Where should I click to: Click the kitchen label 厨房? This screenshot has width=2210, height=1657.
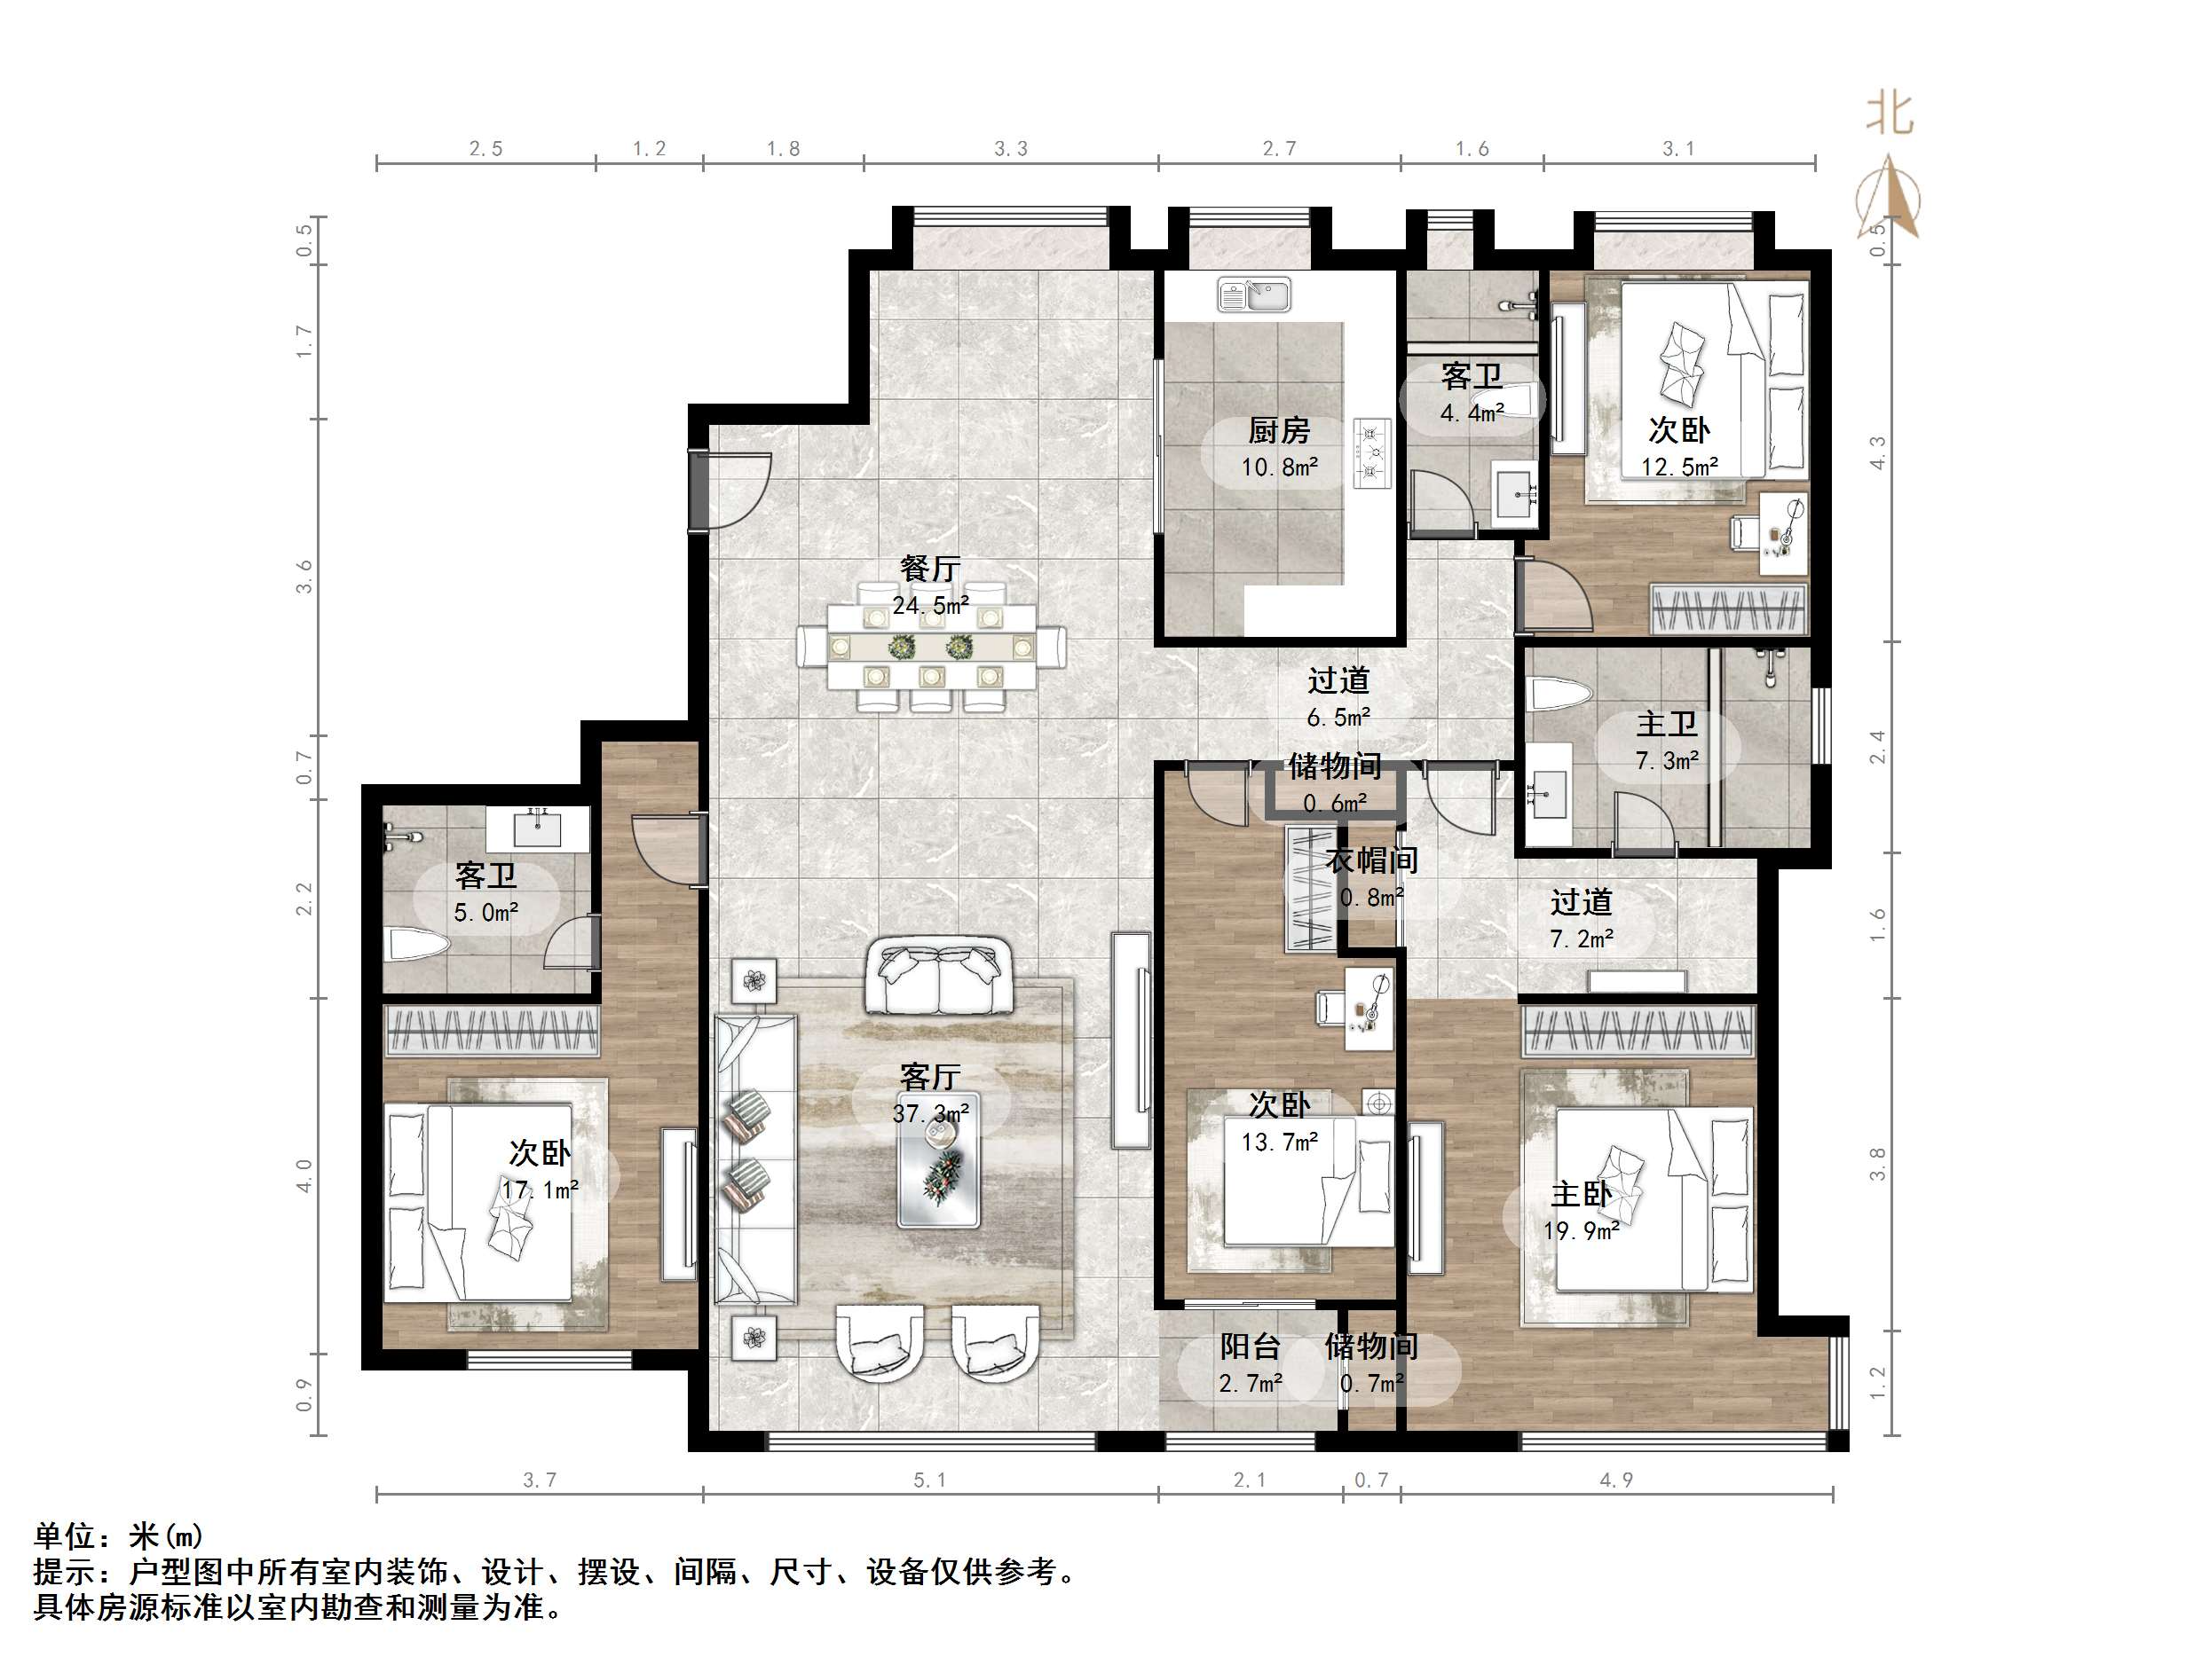1279,430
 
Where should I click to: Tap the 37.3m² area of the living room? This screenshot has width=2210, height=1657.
930,1112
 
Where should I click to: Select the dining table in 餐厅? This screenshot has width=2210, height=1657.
931,648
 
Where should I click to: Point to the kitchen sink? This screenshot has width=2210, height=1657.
1254,294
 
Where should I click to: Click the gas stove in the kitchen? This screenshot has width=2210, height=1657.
1373,453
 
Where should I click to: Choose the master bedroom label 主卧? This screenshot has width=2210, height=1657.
1582,1194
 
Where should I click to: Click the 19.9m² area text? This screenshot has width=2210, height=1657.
1581,1230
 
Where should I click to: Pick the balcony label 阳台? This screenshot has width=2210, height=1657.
1250,1347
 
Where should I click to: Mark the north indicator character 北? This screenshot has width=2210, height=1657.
1890,113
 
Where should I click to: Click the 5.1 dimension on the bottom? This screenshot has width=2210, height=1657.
930,1480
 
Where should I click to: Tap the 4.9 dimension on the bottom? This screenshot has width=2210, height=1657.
1616,1480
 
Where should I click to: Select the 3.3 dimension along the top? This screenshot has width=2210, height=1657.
1011,149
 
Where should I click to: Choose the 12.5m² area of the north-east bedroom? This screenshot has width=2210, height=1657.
1679,467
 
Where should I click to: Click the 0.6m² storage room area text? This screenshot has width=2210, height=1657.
1336,803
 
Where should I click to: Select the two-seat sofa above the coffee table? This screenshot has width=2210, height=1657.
938,976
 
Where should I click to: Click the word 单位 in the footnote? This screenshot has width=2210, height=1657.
66,1535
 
